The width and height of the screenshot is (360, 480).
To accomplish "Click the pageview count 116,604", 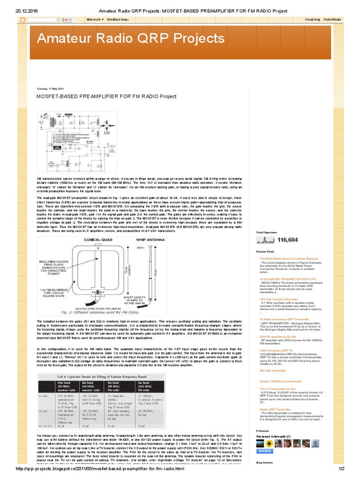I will [x=287, y=240].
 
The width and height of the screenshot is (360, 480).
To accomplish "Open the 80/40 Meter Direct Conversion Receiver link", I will [x=289, y=258].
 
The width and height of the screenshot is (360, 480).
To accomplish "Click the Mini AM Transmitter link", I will [x=273, y=371].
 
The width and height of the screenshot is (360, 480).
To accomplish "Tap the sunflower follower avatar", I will [x=269, y=443].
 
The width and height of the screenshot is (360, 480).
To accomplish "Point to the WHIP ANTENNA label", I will [x=151, y=240].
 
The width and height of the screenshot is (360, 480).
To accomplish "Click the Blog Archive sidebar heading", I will [x=265, y=462].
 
